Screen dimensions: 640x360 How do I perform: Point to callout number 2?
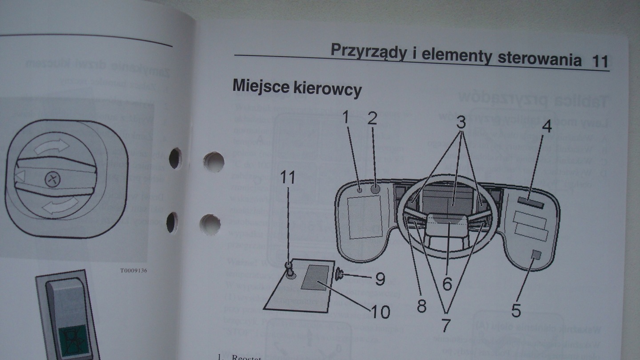(x=372, y=118)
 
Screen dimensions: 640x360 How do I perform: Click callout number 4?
(x=547, y=127)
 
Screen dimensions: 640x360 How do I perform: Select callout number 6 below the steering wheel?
(x=447, y=283)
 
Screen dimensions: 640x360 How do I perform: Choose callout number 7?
(x=446, y=325)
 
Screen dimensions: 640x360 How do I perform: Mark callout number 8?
(x=421, y=306)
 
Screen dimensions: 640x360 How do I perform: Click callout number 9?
(x=380, y=279)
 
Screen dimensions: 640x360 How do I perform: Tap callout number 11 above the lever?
(x=287, y=177)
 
